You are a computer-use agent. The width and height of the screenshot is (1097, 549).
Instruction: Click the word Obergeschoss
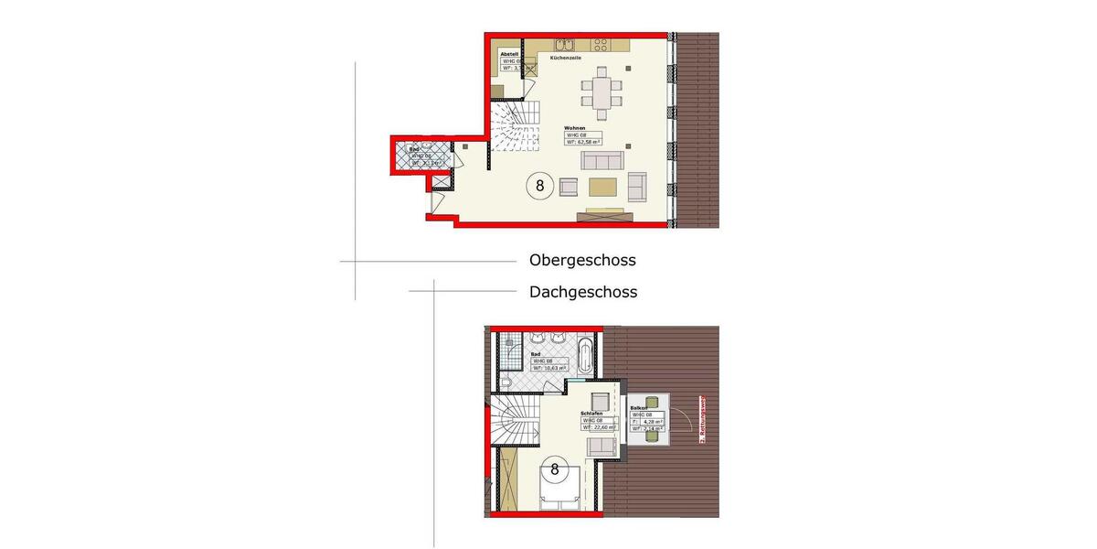click(582, 260)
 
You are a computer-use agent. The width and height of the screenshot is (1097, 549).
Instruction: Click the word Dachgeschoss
click(583, 293)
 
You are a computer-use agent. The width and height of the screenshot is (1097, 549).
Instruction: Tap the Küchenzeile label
click(566, 58)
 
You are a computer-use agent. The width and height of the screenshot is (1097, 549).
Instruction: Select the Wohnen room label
click(575, 128)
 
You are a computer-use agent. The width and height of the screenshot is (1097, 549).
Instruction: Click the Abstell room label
click(509, 54)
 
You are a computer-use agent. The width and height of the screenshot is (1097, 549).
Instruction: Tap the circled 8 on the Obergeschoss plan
click(539, 186)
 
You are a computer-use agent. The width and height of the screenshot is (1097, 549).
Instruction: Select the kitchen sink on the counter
click(562, 43)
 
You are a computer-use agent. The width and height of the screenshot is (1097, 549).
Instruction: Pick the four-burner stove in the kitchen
click(601, 43)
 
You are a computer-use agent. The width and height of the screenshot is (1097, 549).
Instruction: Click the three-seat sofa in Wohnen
click(603, 161)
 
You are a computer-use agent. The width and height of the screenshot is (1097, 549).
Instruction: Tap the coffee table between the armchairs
click(602, 187)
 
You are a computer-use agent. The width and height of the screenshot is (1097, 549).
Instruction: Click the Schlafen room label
click(591, 413)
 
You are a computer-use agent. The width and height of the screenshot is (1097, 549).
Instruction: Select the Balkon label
click(639, 407)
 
